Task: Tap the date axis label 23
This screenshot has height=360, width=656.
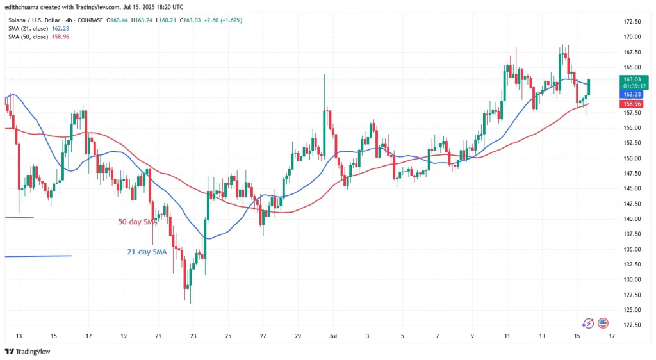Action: click(x=193, y=335)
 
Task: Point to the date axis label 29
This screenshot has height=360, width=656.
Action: click(x=298, y=335)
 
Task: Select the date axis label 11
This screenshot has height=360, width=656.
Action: click(x=507, y=335)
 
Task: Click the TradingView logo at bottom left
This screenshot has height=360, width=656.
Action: click(x=29, y=351)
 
